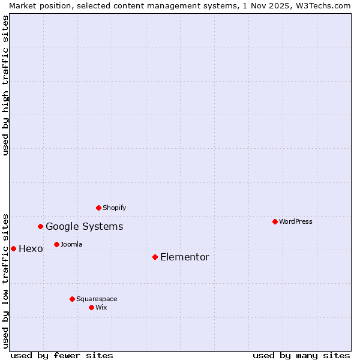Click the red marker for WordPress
point(275,221)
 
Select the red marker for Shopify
point(98,208)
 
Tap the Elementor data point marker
point(155,257)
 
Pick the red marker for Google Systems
point(40,226)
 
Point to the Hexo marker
point(13,248)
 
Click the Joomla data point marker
point(56,244)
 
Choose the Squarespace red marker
point(72,299)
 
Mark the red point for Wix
point(91,307)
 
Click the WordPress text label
point(296,221)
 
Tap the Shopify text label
point(115,208)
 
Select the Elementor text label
point(185,257)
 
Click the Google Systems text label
point(85,226)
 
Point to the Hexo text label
point(31,248)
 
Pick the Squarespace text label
point(97,299)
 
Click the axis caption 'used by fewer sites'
point(62,355)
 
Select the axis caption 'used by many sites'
point(301,355)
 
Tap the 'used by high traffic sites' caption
point(5,85)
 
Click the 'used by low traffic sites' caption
point(5,280)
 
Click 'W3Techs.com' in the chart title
point(325,5)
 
